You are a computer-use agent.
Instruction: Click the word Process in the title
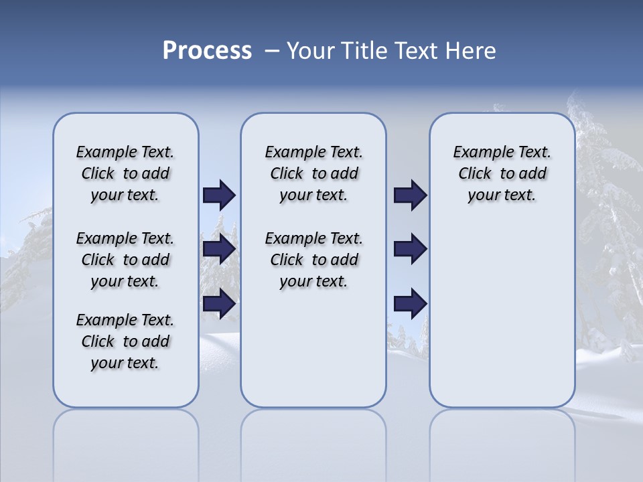click(207, 51)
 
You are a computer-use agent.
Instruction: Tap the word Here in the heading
click(473, 51)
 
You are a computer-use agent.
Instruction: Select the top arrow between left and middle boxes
click(219, 195)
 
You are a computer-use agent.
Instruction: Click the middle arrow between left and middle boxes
click(219, 250)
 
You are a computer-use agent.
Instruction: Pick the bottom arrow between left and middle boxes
click(219, 303)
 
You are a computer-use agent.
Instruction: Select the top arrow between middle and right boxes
click(410, 195)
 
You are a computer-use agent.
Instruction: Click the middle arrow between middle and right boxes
click(410, 250)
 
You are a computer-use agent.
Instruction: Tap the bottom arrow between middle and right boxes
click(410, 303)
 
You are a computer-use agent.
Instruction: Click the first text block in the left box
click(125, 173)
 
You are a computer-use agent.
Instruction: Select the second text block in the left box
click(125, 260)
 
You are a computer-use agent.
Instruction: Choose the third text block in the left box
click(125, 341)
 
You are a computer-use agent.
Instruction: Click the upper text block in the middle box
click(313, 173)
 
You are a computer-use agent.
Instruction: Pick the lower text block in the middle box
click(313, 260)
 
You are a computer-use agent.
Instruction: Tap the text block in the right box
click(502, 173)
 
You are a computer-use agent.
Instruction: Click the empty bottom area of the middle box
click(313, 355)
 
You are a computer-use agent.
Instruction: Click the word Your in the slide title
click(310, 51)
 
